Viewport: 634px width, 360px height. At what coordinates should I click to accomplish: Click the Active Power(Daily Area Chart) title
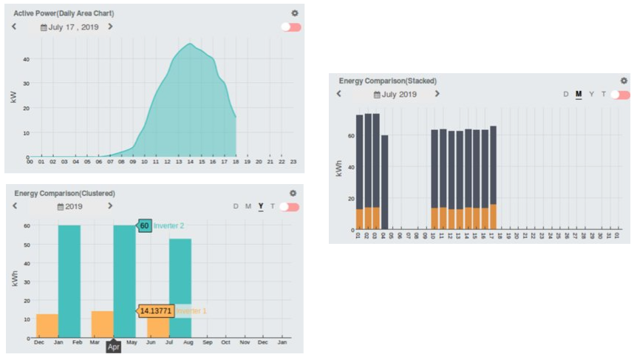click(64, 13)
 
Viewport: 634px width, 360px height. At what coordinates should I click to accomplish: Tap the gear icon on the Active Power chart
click(295, 13)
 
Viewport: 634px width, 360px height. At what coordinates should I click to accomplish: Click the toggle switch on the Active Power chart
click(291, 27)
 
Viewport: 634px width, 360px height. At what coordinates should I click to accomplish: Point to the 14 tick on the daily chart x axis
click(191, 162)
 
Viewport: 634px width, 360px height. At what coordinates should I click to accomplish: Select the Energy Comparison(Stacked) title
click(387, 81)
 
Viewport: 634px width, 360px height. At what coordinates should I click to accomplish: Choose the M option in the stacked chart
click(579, 95)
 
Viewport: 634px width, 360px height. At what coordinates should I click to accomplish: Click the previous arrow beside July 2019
click(339, 94)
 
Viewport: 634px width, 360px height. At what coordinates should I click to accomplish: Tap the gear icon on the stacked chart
click(624, 81)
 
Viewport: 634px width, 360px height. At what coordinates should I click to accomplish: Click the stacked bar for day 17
click(493, 177)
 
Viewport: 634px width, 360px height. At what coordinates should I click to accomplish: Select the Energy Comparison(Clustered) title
click(65, 193)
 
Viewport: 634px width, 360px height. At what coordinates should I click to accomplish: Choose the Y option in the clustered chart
click(260, 206)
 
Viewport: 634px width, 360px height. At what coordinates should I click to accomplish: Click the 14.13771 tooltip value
click(155, 311)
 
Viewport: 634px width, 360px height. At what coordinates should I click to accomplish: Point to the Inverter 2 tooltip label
click(169, 225)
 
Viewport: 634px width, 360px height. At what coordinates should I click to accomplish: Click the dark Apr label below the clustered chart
click(113, 345)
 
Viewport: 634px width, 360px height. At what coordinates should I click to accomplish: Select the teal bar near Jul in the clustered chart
click(180, 288)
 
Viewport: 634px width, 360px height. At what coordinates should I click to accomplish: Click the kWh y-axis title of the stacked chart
click(339, 169)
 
